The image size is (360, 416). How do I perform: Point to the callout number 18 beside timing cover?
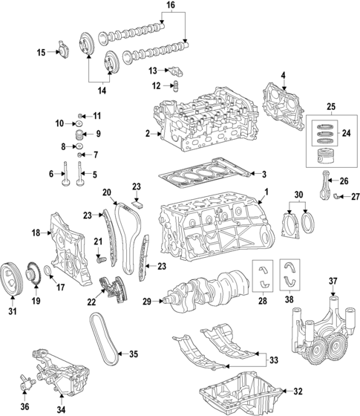tap(13, 233)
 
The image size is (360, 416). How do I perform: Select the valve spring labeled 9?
tap(82, 134)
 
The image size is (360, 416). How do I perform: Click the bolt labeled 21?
tap(98, 261)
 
